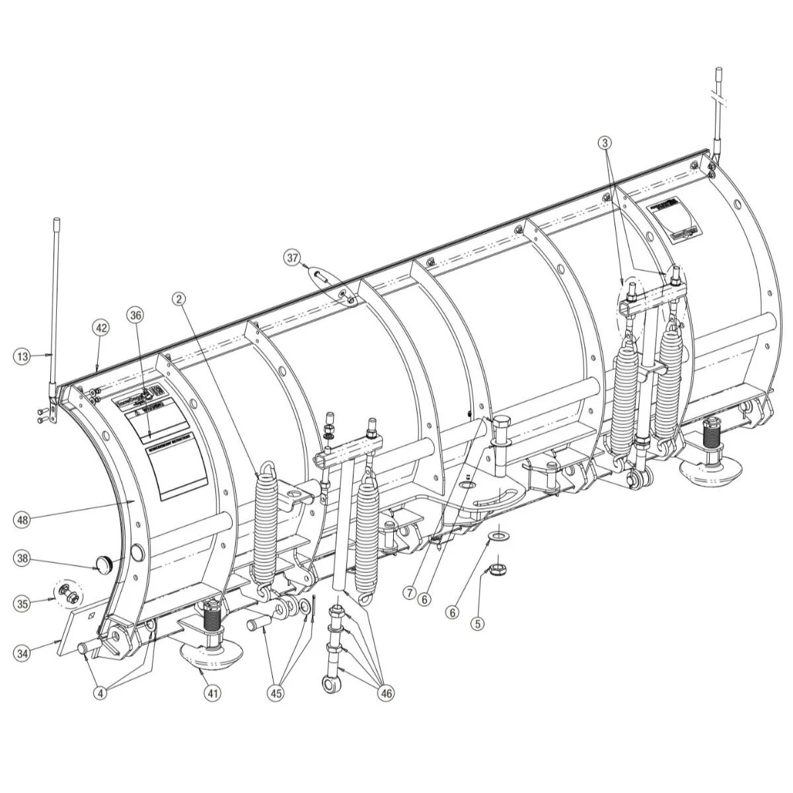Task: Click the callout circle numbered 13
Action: coord(22,356)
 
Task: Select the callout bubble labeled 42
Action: coord(101,328)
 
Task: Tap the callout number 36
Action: coord(136,316)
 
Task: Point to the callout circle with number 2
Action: coord(178,299)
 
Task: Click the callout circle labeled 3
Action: coord(606,141)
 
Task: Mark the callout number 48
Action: coord(22,520)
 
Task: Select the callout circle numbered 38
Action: coord(22,558)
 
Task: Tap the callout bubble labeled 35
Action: coord(22,603)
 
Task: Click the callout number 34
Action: coord(22,653)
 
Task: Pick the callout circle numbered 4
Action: coord(100,693)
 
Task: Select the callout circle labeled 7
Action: coord(409,594)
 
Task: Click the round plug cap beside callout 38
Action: coord(103,564)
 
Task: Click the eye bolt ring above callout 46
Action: coord(330,682)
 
